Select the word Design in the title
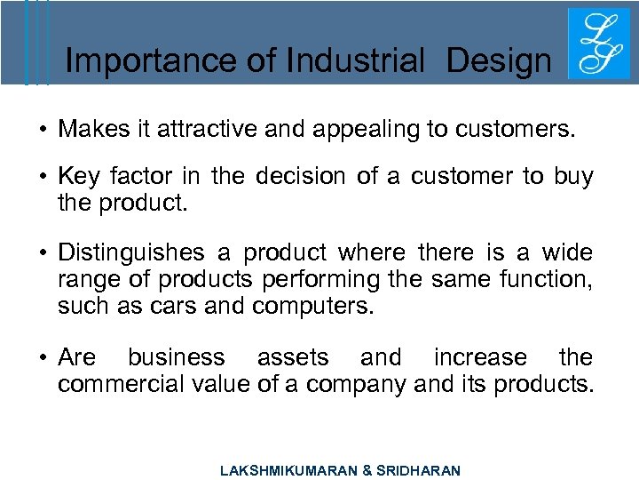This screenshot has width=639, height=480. click(x=499, y=61)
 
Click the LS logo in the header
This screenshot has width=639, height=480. click(x=592, y=44)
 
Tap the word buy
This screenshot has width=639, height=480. click(x=573, y=178)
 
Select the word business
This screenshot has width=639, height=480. click(x=177, y=357)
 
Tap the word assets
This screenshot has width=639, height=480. click(x=293, y=357)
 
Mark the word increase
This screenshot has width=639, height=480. click(x=480, y=357)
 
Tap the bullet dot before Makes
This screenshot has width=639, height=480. click(x=43, y=131)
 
